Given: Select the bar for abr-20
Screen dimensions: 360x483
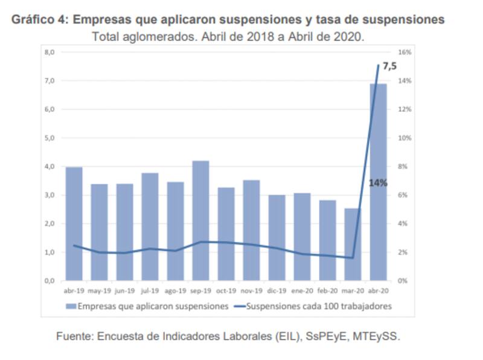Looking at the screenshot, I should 378,181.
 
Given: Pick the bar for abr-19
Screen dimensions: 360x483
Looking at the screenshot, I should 74,223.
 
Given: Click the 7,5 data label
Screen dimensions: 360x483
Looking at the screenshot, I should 390,66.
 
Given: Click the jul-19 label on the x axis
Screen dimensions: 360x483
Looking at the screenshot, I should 150,291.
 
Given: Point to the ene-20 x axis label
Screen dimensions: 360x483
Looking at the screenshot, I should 302,291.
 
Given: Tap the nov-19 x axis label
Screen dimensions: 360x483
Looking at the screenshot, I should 251,291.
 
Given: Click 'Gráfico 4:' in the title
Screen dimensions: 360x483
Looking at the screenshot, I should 39,20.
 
